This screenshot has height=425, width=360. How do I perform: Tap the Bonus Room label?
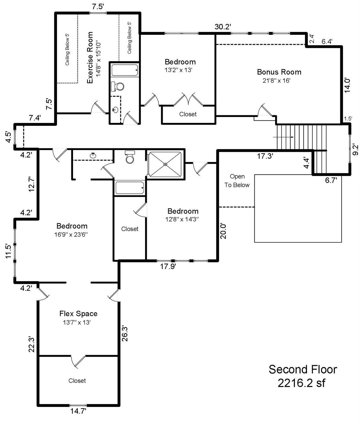(279, 72)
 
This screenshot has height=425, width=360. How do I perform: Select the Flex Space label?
(78, 313)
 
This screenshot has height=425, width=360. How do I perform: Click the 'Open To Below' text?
(237, 181)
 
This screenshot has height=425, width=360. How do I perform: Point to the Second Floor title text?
(303, 370)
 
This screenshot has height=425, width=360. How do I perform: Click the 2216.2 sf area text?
(301, 383)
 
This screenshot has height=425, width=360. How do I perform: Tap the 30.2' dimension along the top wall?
(223, 27)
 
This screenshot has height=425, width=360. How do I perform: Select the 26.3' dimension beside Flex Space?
(125, 333)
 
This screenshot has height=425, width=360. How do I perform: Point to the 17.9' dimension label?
(168, 267)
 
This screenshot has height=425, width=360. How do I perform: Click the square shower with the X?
(165, 164)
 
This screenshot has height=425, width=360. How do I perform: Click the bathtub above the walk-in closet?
(130, 188)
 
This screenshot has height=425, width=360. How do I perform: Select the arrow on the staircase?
(284, 137)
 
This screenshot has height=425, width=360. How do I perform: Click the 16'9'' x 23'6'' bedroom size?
(71, 235)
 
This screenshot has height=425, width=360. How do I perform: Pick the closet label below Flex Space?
(77, 381)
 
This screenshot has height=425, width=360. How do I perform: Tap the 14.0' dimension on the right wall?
(348, 85)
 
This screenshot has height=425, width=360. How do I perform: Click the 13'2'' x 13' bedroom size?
(178, 70)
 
